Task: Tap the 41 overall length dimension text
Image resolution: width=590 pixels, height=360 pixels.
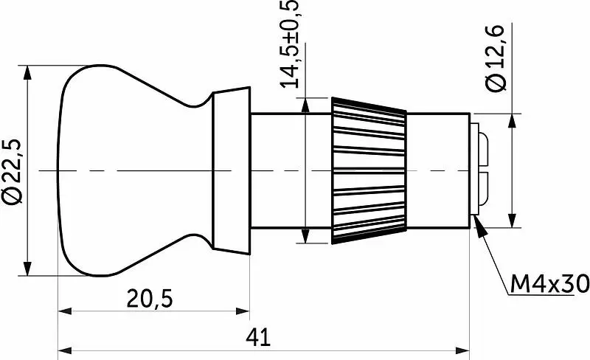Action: (x=258, y=337)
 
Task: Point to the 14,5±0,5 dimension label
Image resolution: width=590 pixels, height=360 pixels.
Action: (x=290, y=44)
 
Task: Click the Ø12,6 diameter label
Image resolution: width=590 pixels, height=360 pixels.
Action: (x=496, y=58)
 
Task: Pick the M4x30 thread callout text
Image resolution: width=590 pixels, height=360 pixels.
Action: (x=549, y=284)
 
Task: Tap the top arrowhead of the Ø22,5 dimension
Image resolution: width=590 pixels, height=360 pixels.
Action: (x=27, y=73)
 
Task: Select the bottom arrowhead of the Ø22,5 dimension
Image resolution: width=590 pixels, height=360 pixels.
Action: (x=27, y=268)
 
